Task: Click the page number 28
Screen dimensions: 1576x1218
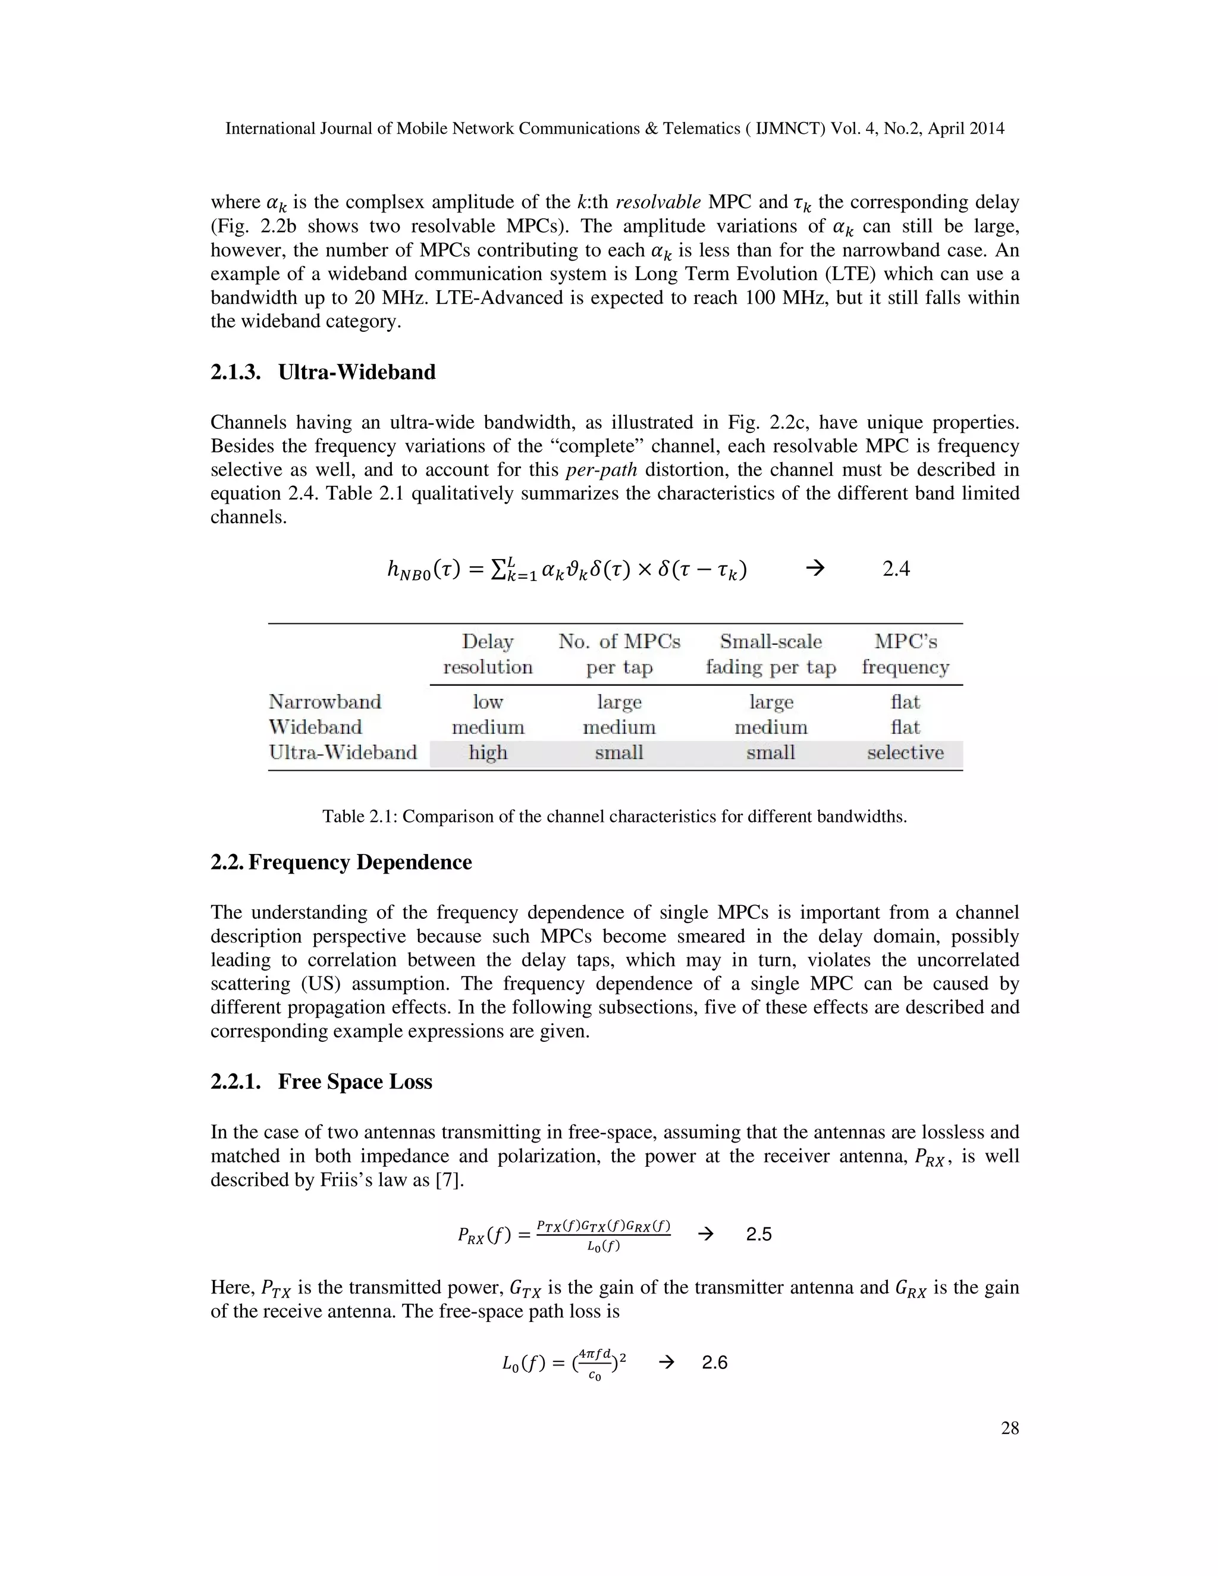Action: tap(1009, 1428)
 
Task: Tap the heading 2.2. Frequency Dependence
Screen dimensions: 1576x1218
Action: tap(341, 862)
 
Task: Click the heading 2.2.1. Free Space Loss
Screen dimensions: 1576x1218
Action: tap(321, 1082)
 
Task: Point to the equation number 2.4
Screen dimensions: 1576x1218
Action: tap(896, 569)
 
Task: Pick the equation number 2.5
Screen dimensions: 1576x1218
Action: tap(758, 1234)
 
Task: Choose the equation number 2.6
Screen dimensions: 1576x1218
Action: tap(714, 1362)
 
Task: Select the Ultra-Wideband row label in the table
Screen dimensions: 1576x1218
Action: tap(343, 753)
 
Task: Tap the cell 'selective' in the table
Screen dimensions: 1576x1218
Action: tap(905, 753)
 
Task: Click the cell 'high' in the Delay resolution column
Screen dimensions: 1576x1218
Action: tap(488, 753)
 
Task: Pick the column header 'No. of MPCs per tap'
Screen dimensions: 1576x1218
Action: tap(619, 654)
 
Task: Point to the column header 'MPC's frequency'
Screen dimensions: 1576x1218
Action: tap(905, 654)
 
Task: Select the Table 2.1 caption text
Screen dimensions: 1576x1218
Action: tap(614, 816)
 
